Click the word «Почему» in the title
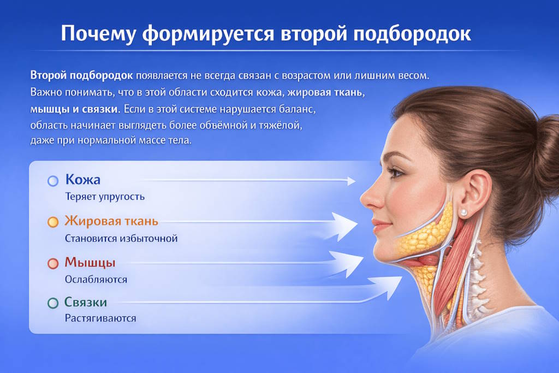99,34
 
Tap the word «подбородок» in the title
412,34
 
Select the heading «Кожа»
83,179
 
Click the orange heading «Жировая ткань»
111,221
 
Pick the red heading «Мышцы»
90,263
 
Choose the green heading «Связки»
86,302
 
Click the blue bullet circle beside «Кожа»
53,181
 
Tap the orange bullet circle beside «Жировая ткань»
53,222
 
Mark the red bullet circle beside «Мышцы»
53,264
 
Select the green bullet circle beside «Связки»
53,303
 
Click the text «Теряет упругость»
105,197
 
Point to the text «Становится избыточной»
121,238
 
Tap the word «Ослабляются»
96,279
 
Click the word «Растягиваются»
100,318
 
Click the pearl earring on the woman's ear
463,213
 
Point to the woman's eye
396,173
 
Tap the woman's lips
380,226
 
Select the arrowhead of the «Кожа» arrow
352,181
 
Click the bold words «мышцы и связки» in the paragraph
74,109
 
